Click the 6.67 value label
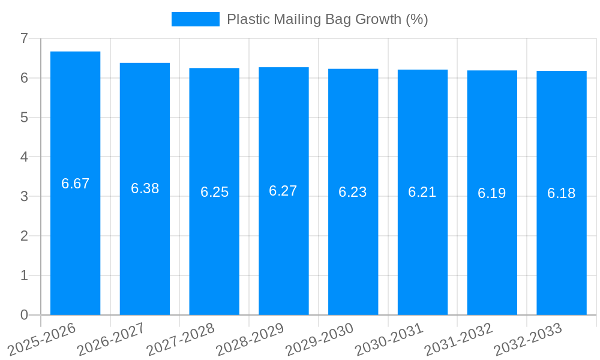point(75,184)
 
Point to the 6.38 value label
point(145,188)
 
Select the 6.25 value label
point(214,192)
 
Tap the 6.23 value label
point(353,192)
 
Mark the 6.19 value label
point(492,193)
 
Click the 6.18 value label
point(562,193)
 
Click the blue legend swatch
point(196,19)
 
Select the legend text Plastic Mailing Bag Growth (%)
point(327,19)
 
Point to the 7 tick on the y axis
point(24,38)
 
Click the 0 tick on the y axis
point(24,315)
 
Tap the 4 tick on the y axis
point(24,157)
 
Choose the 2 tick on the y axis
point(24,236)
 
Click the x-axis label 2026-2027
point(112,339)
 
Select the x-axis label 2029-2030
point(320,339)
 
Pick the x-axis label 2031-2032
point(459,339)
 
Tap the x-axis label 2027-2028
point(181,339)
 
